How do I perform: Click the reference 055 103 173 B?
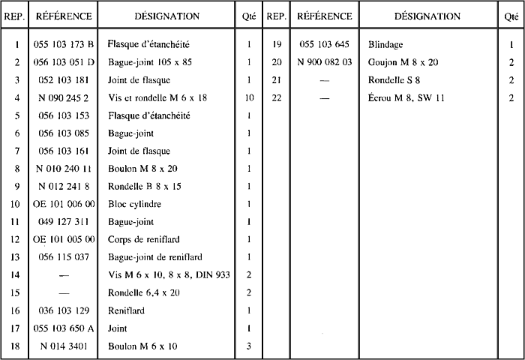64,44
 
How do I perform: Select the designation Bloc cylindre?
134,204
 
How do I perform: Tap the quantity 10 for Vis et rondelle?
248,97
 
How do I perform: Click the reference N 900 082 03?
324,62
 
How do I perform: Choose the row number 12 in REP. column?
16,239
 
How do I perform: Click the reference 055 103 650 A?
64,328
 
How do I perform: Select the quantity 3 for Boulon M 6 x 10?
248,346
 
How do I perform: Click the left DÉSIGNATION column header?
166,16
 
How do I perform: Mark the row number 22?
276,97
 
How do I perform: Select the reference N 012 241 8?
64,186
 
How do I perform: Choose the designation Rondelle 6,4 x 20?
145,292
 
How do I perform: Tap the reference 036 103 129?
64,310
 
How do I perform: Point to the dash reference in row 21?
324,80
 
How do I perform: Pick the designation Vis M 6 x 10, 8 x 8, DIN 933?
168,275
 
